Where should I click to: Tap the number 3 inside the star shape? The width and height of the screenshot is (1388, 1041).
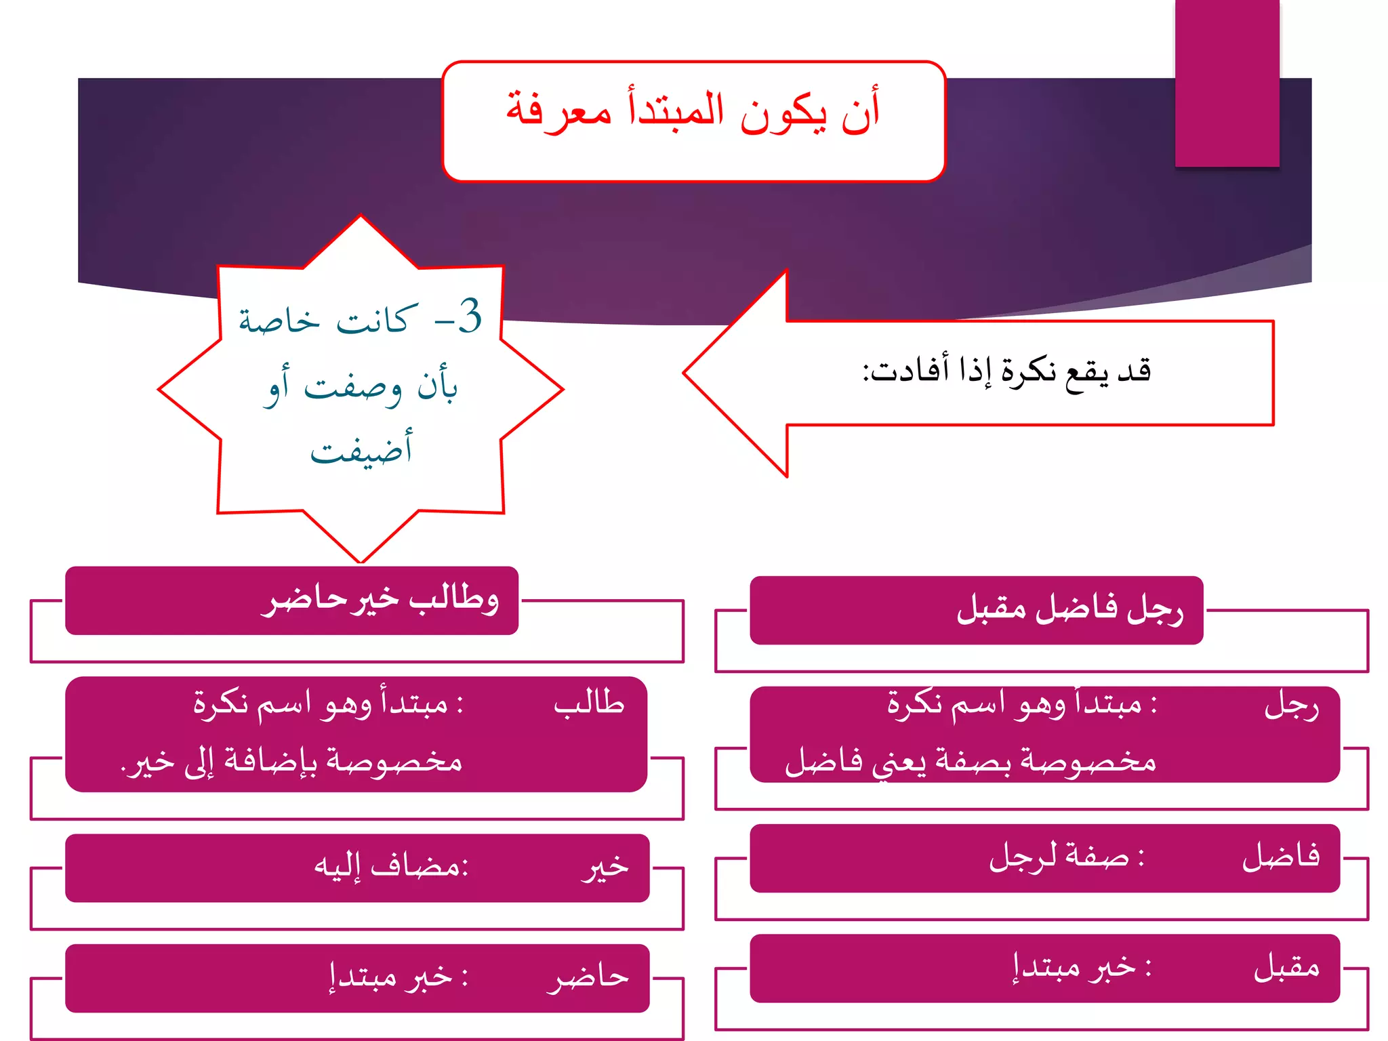[x=469, y=316]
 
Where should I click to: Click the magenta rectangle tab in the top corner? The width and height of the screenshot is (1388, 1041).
[x=1227, y=83]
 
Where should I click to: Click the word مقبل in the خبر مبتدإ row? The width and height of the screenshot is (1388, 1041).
[x=1286, y=968]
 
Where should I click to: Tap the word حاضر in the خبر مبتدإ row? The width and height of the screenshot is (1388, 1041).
[x=588, y=977]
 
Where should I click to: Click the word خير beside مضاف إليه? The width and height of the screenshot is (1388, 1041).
[x=605, y=867]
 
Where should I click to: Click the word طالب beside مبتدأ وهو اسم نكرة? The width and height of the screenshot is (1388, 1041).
[x=589, y=703]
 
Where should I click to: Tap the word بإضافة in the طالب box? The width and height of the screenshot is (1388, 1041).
[x=270, y=761]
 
